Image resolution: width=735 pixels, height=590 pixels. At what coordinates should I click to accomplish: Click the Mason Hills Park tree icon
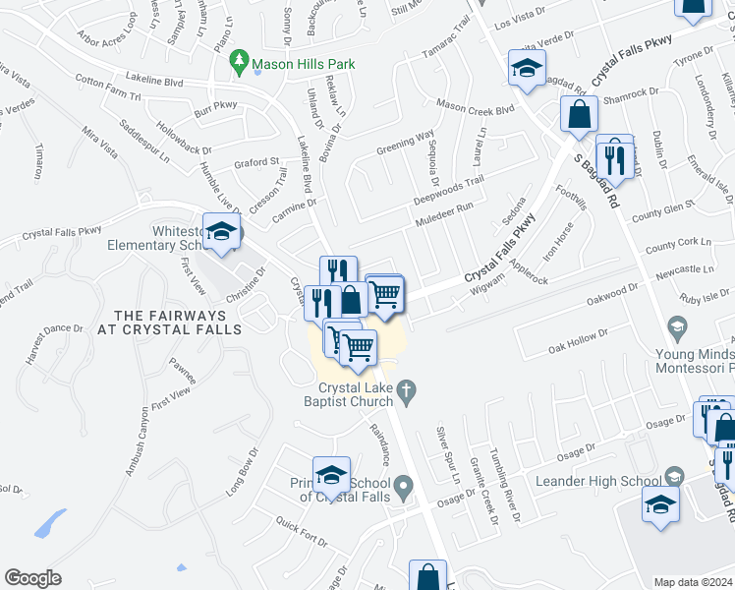[239, 65]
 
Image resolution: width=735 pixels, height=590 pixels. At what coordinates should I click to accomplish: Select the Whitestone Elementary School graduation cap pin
[222, 233]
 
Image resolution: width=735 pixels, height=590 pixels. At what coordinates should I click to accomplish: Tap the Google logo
[32, 578]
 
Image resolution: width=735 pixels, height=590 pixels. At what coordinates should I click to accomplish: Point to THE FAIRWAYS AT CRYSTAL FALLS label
[169, 323]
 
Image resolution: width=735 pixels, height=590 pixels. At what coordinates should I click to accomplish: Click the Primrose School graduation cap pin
[332, 475]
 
